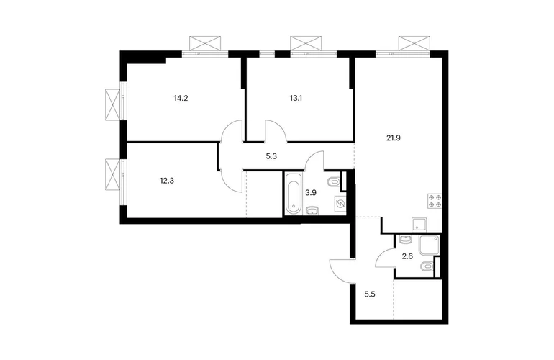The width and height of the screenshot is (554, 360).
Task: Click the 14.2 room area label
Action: [181, 99]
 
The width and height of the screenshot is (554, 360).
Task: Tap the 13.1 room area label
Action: [296, 99]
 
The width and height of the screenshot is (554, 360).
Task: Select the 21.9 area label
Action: [394, 138]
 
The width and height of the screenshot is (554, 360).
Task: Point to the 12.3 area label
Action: [167, 181]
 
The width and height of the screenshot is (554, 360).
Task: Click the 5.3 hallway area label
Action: [271, 156]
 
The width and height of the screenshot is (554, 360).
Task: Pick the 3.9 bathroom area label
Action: [311, 193]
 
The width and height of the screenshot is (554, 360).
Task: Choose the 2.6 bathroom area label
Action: [407, 257]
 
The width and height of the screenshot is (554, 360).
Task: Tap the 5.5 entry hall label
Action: [369, 294]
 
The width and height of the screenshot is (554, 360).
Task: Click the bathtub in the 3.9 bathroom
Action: [294, 193]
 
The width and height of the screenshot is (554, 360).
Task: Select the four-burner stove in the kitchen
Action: [435, 200]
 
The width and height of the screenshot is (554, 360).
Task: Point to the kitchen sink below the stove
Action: [419, 224]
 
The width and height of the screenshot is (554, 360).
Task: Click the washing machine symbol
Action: [340, 204]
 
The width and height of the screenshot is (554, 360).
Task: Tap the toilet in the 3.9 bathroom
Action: [333, 182]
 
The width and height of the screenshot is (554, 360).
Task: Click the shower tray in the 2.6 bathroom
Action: [430, 245]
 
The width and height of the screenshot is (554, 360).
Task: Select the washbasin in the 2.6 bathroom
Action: [405, 240]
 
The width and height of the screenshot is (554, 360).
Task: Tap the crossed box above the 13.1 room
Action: [306, 43]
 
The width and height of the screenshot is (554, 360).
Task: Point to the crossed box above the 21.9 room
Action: [414, 43]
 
